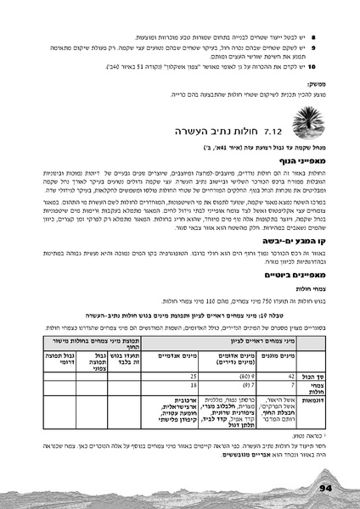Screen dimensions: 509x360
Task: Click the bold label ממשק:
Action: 311,85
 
